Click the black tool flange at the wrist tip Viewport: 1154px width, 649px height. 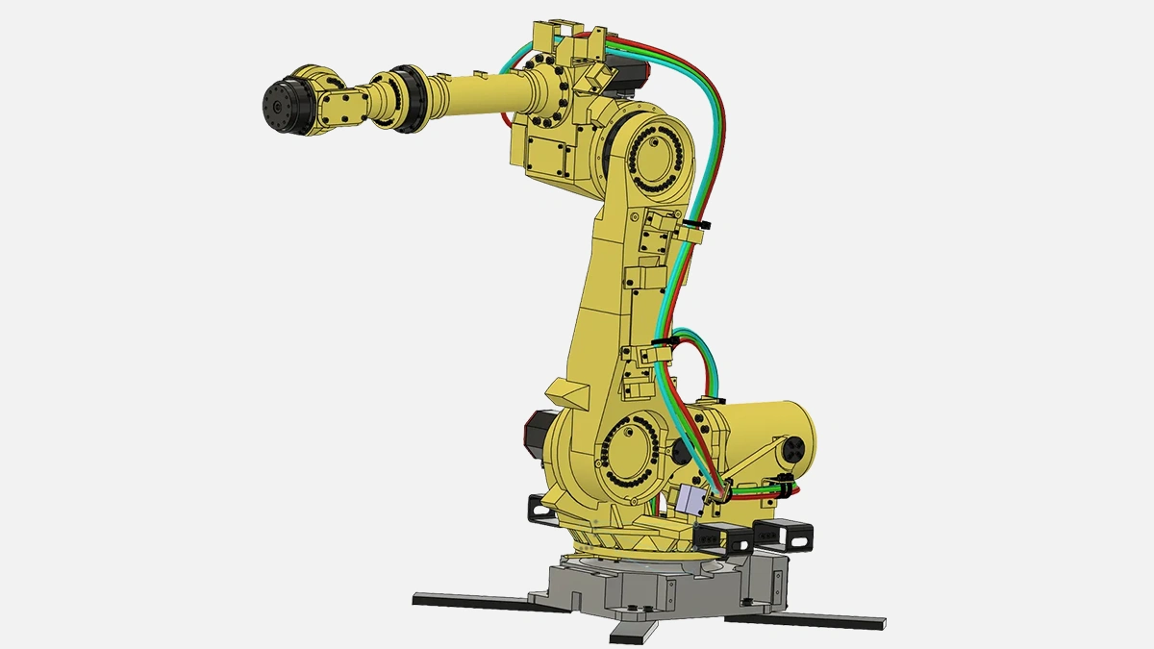click(x=281, y=102)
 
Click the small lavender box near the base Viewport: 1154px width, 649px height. click(x=690, y=501)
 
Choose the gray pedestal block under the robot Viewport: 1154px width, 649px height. click(x=664, y=587)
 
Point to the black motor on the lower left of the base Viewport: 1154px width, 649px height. click(x=534, y=433)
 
